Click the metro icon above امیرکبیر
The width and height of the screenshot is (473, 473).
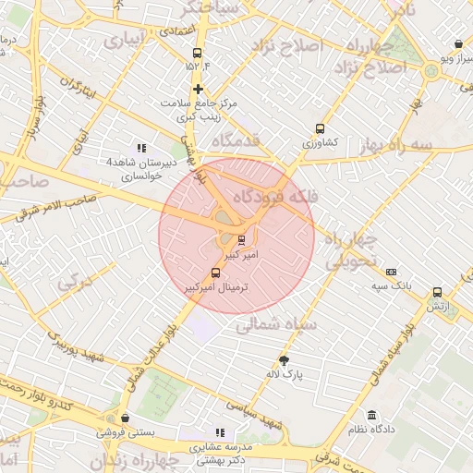229,240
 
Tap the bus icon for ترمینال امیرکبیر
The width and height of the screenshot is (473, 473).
216,273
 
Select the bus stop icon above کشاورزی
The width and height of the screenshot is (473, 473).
321,129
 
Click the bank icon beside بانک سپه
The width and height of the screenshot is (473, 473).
392,273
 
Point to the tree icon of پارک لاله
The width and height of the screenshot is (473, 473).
284,360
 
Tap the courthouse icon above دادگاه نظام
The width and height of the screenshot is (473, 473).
371,416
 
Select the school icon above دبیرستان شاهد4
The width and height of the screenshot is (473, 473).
140,148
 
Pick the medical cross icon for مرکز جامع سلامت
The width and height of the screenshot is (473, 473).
198,89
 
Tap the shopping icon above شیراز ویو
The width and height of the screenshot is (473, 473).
459,43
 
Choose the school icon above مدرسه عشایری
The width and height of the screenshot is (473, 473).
220,431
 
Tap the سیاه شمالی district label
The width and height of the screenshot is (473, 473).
277,325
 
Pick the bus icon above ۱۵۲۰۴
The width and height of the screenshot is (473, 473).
196,54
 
